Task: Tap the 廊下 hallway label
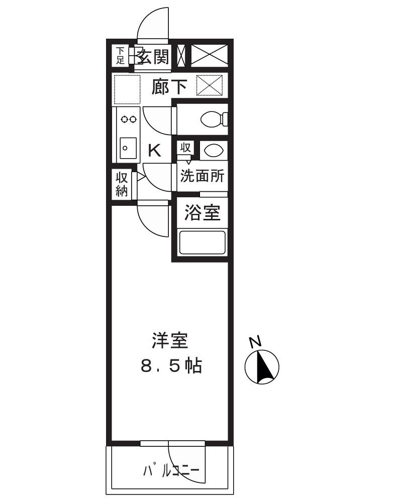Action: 170,86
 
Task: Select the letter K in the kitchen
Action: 155,150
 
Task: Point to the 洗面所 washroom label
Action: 202,177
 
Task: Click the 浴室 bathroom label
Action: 202,213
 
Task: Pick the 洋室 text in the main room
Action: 170,341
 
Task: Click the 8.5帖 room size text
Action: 170,366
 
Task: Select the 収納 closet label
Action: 121,184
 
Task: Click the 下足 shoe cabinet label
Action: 120,56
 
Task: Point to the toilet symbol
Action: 213,119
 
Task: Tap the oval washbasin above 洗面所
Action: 213,150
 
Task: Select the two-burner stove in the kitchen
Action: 128,119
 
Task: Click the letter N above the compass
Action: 256,342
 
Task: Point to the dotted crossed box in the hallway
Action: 209,85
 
